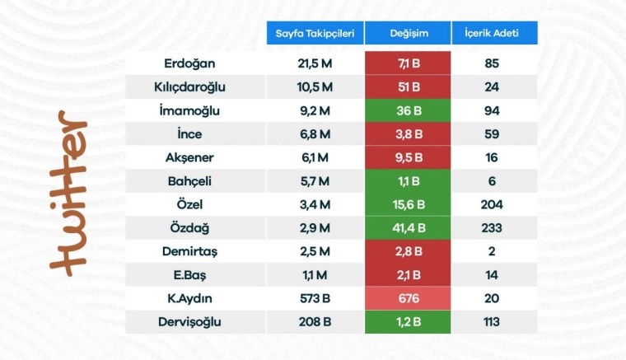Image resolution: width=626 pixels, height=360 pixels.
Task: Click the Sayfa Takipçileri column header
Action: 314,34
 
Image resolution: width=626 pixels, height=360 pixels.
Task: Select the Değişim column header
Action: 407,34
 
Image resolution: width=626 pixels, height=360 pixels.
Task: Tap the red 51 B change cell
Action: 407,86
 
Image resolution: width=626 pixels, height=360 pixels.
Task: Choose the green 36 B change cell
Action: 407,110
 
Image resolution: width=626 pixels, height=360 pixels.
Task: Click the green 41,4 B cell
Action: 407,227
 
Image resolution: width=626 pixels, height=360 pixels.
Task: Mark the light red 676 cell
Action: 407,298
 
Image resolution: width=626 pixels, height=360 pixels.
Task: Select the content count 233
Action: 493,227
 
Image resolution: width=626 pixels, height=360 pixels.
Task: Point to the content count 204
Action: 493,203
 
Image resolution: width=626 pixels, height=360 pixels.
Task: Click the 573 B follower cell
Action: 315,298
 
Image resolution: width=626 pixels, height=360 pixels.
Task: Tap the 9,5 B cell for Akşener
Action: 407,157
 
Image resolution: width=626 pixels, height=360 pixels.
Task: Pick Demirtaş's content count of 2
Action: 493,251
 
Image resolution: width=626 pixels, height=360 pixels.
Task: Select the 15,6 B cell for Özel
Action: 407,203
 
